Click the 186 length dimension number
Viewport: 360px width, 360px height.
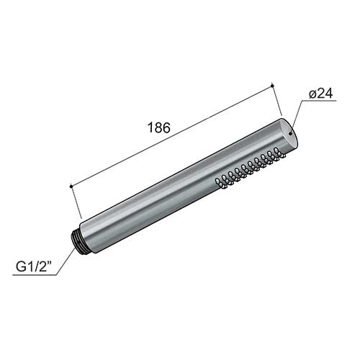[x=159, y=127]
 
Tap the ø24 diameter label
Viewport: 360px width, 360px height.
[x=321, y=93]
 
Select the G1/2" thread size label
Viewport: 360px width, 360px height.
[x=35, y=266]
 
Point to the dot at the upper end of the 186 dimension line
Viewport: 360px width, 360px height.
[x=272, y=86]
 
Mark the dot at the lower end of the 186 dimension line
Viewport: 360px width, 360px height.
[x=71, y=186]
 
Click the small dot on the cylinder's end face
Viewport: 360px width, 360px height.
[x=291, y=133]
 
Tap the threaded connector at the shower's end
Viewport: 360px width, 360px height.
[x=76, y=240]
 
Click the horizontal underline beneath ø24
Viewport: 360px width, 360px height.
[x=318, y=101]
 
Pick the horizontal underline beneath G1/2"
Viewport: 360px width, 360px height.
[x=35, y=274]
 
